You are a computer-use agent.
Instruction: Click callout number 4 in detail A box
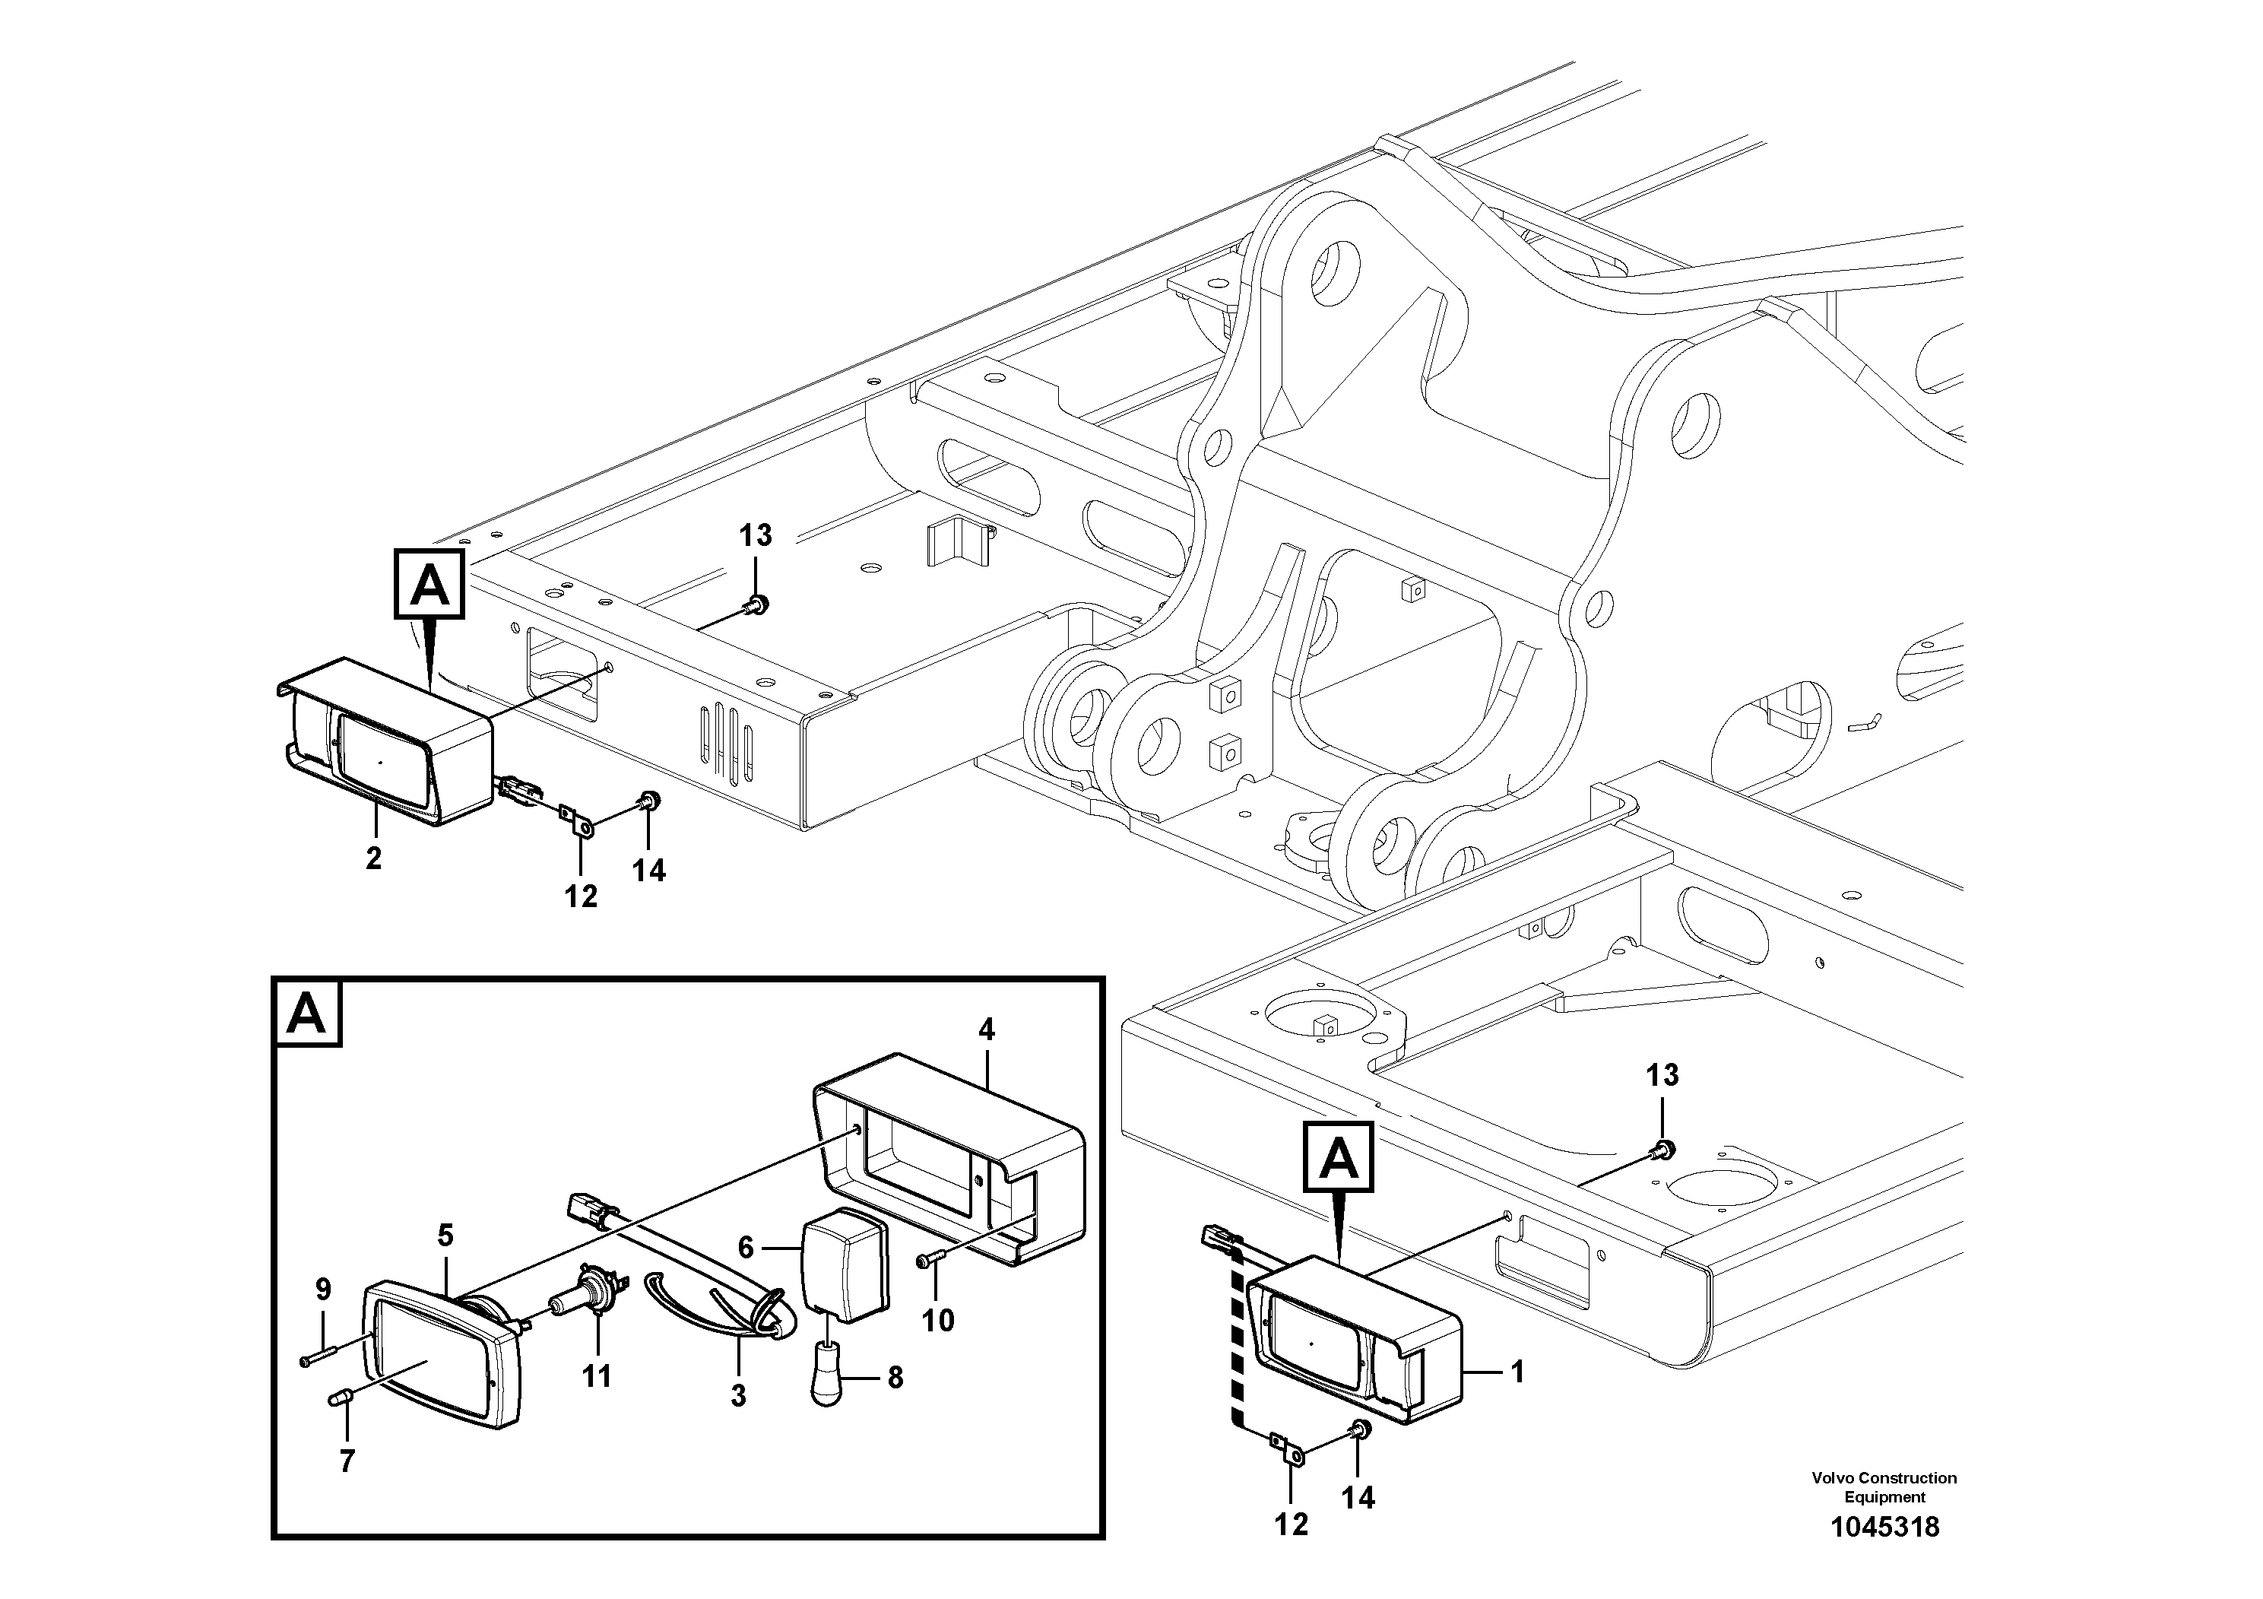[986, 1030]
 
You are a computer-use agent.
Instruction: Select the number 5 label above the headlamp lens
[445, 1234]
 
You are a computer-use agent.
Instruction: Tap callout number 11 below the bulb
[596, 1375]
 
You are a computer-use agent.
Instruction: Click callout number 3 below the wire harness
[738, 1396]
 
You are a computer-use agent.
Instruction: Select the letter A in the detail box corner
[306, 1014]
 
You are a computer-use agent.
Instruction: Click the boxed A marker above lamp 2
[429, 585]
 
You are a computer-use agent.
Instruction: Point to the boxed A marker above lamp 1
[1337, 1157]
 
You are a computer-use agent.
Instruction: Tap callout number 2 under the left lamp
[372, 858]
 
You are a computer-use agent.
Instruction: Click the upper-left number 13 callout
[755, 535]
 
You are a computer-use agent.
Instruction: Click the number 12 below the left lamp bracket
[581, 896]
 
